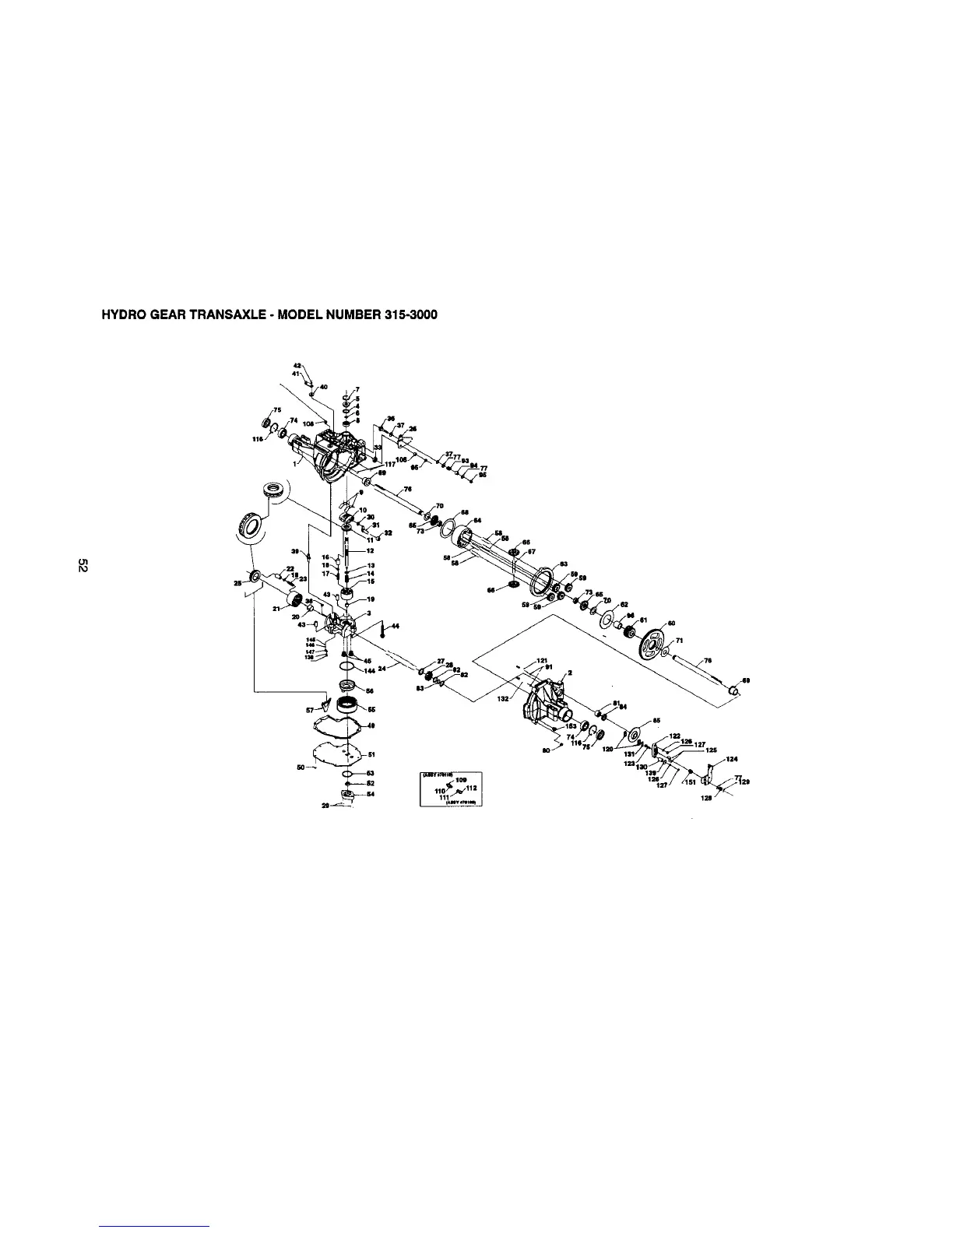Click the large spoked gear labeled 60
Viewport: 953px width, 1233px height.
(647, 642)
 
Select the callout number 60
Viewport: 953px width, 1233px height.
(671, 623)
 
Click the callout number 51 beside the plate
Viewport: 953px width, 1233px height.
(372, 753)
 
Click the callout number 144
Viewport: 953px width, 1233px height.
(370, 670)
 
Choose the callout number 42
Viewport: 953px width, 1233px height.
(297, 365)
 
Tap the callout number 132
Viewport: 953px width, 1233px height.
(503, 699)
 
